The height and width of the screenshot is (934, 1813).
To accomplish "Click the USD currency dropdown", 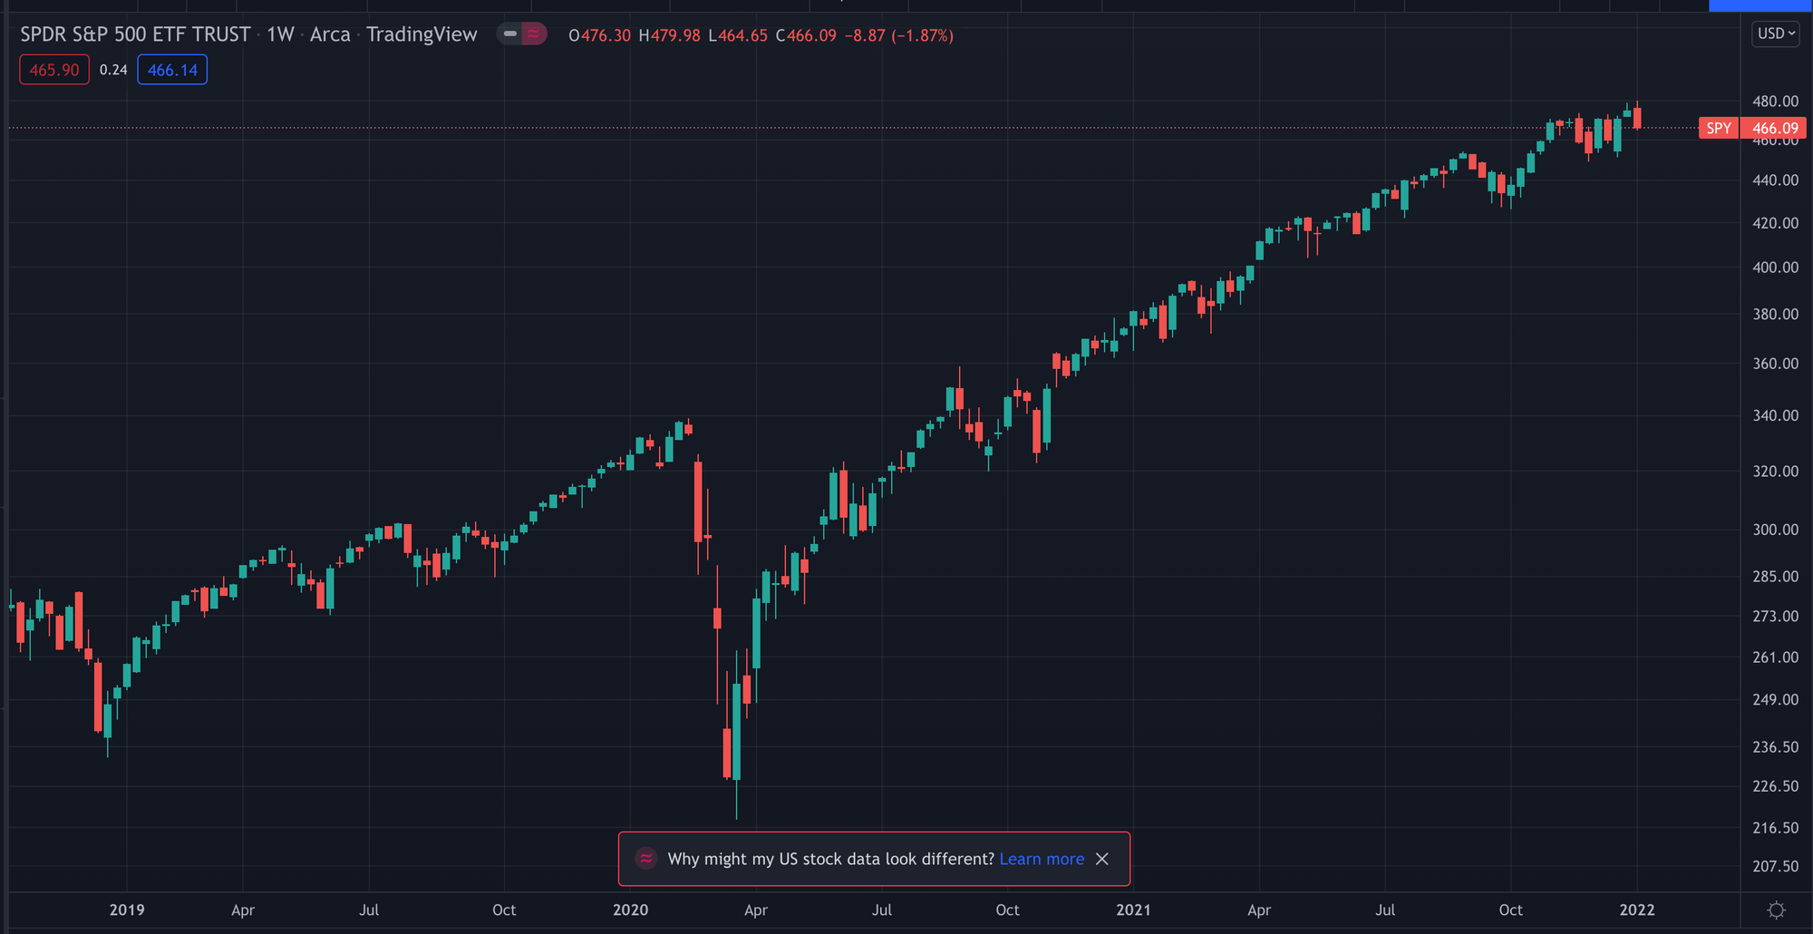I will pos(1775,34).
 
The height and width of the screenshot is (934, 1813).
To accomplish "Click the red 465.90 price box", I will pos(54,70).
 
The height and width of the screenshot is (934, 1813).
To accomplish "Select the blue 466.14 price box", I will pos(172,70).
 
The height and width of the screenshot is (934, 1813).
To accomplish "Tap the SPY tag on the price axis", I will pos(1718,128).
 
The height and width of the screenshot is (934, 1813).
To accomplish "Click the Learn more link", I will pos(1042,859).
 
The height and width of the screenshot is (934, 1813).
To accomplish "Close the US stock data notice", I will pos(1102,859).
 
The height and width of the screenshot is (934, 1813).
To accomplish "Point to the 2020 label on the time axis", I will pos(630,910).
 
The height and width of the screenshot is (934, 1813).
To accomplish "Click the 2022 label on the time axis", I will pos(1637,910).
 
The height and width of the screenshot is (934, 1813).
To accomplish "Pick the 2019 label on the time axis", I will pos(127,910).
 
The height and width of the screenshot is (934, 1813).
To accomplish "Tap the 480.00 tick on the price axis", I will pos(1775,102).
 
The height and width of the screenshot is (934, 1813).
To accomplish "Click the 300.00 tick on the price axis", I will pos(1775,530).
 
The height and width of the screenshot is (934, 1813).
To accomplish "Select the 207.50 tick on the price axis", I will pos(1775,866).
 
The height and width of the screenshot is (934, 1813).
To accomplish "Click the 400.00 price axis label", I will pos(1775,268).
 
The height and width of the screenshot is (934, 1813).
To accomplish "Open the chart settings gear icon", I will pos(1776,910).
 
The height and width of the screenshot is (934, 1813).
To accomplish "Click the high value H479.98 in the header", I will pos(669,35).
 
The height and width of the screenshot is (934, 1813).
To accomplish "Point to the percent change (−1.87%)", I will pos(922,35).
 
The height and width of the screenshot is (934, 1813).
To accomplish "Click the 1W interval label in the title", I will pos(280,34).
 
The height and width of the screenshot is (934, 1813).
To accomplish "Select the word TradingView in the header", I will pos(422,34).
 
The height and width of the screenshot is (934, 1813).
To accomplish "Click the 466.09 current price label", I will pos(1774,128).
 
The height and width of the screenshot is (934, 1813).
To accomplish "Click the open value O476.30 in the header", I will pos(599,35).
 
